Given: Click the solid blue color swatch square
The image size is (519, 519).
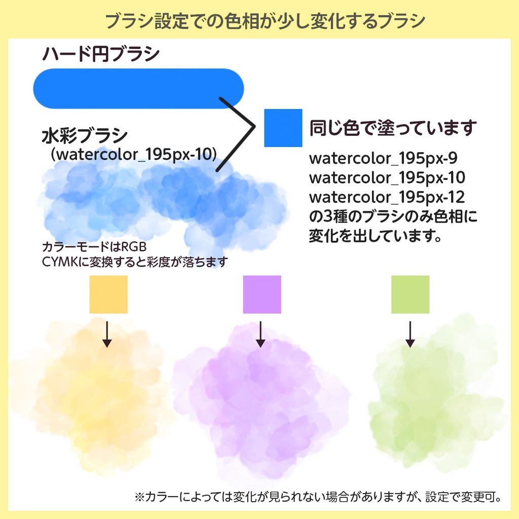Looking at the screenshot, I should (x=283, y=128).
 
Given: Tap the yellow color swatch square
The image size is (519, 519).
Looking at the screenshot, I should (x=108, y=294).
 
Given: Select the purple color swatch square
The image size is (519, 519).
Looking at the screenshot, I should (x=262, y=294).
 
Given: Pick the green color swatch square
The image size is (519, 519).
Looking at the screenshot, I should (x=410, y=294).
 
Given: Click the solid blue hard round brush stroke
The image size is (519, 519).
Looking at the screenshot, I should (x=138, y=88).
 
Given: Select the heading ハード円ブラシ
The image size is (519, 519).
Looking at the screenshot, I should (x=101, y=54).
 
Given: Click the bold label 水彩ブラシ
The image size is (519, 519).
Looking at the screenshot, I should (x=85, y=136).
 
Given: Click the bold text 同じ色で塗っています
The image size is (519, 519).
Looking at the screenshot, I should (x=393, y=128).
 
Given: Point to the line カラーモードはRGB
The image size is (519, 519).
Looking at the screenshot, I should (x=94, y=247).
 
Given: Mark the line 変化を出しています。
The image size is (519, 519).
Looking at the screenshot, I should (x=375, y=236).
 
